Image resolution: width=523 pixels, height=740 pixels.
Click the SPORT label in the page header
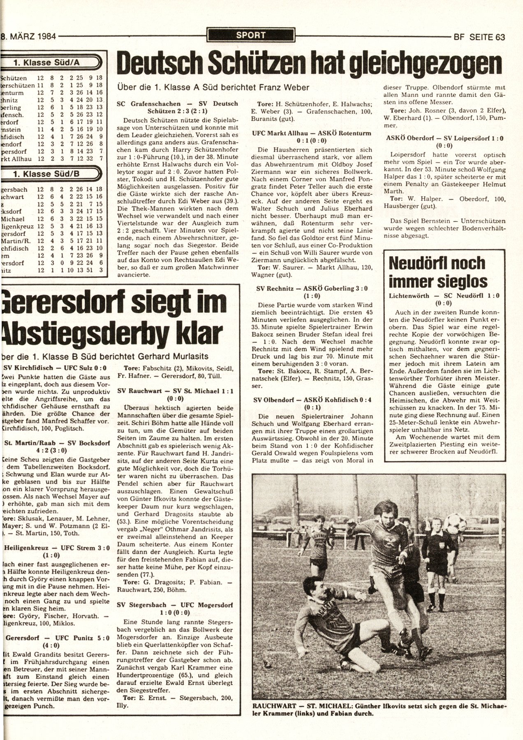tap(251, 35)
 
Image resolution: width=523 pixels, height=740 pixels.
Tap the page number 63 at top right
tap(500, 37)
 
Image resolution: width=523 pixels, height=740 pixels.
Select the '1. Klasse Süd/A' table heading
tap(49, 63)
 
